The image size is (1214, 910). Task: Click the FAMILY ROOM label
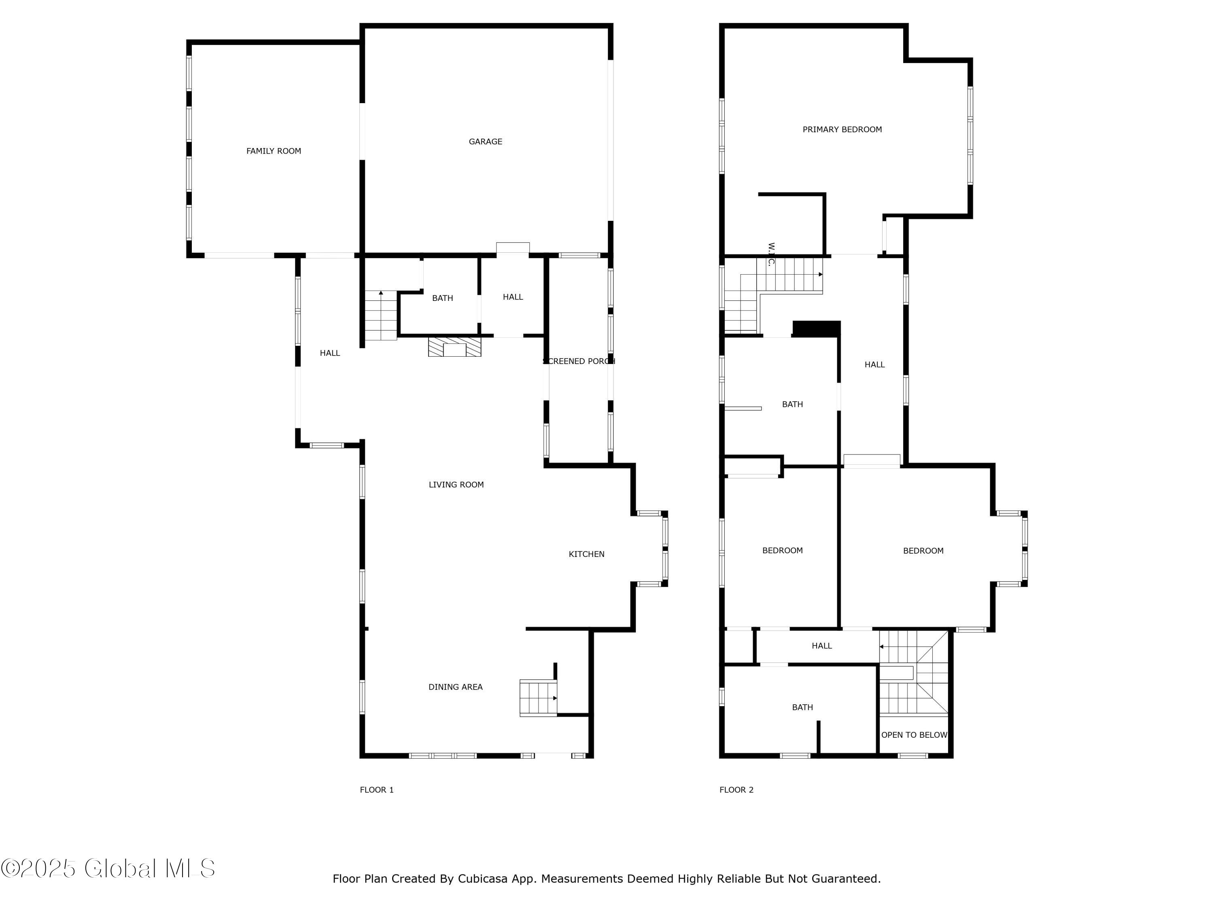[x=273, y=151]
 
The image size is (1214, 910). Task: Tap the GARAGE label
[x=485, y=142]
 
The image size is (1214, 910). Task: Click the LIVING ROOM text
[x=456, y=485]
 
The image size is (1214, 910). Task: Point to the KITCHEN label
[x=586, y=554]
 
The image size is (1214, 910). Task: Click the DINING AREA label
[x=455, y=687]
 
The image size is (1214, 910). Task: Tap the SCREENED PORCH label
[x=579, y=361]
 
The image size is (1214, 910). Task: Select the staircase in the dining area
[x=538, y=698]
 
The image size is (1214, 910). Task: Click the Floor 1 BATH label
[x=442, y=298]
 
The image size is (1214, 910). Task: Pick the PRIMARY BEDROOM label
[x=842, y=129]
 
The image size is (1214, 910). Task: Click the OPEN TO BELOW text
[x=914, y=735]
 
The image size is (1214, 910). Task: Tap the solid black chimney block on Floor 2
[x=816, y=328]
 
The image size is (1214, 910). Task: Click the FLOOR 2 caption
[x=736, y=790]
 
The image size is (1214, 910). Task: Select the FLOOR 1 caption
[x=376, y=790]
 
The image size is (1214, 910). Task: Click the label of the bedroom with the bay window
[x=923, y=551]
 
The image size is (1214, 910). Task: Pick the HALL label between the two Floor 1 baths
[x=513, y=297]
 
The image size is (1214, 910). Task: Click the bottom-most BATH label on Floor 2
[x=802, y=707]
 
